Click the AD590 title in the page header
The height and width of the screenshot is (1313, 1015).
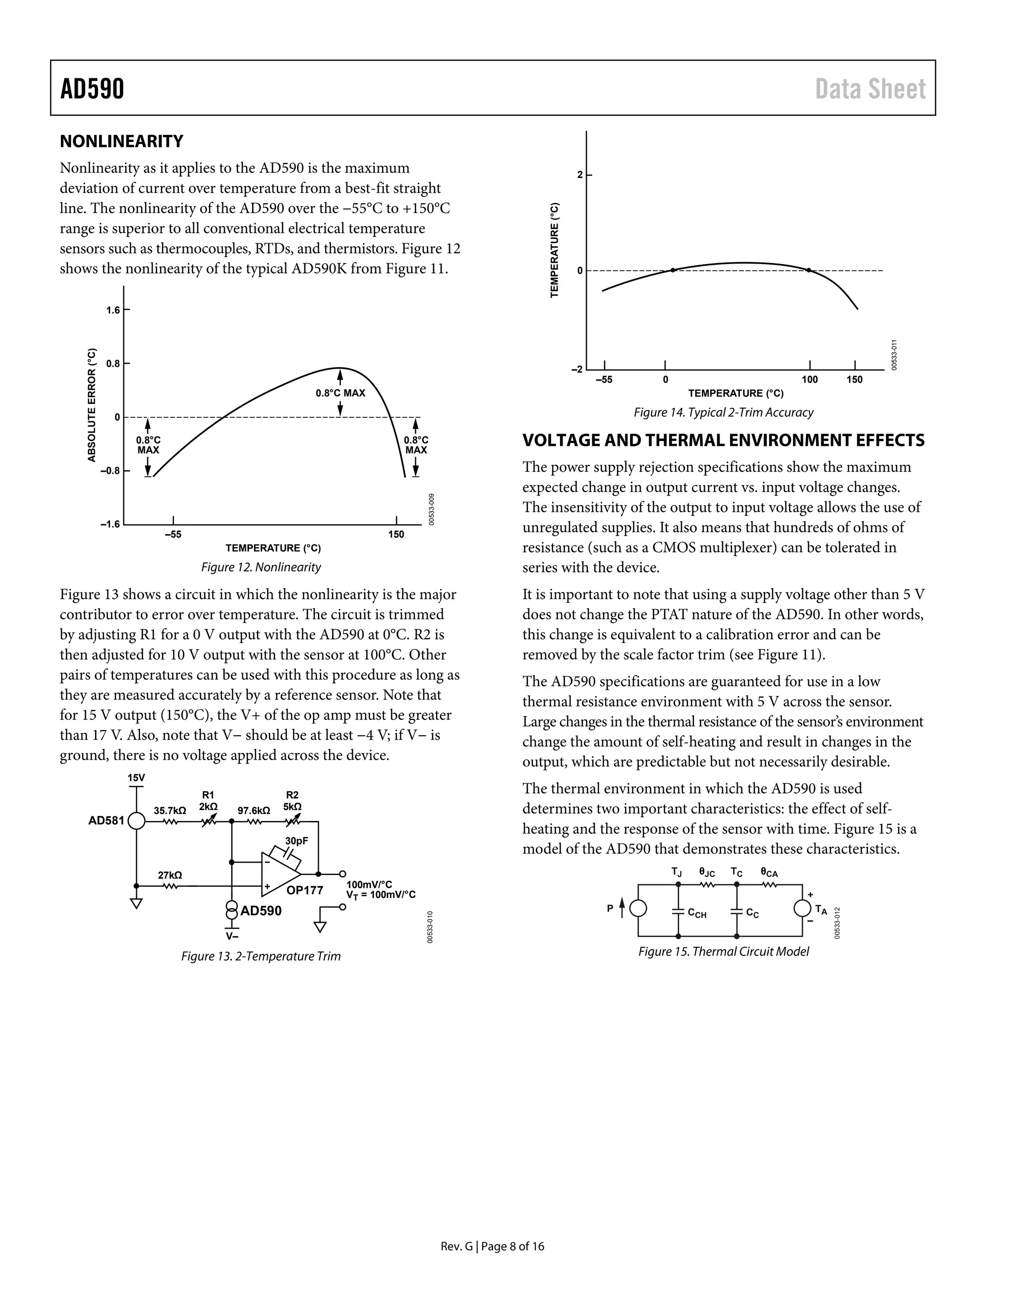92,89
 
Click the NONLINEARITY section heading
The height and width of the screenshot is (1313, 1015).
121,141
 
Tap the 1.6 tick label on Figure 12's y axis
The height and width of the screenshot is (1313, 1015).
113,310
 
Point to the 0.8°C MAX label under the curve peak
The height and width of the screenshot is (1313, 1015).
340,393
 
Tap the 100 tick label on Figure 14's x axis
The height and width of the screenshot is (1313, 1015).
809,380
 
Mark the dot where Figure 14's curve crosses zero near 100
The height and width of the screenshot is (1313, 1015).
809,271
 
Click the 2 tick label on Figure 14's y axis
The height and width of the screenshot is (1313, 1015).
580,175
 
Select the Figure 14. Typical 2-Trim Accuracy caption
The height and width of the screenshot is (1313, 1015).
724,412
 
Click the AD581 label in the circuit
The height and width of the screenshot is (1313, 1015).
106,821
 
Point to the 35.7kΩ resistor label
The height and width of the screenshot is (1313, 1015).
169,811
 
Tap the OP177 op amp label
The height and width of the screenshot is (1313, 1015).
304,890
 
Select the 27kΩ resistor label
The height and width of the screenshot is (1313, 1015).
169,875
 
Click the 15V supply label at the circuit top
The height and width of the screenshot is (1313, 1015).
136,777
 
